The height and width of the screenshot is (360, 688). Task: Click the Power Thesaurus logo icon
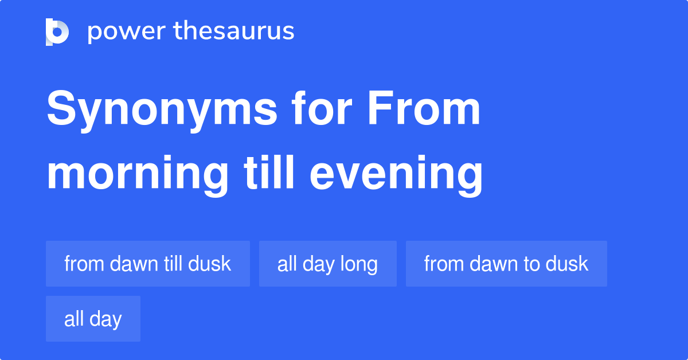[x=57, y=32]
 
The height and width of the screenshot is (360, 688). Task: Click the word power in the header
[x=127, y=32]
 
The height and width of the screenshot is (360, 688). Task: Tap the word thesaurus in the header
[x=234, y=30]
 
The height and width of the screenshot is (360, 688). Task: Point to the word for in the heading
[x=322, y=108]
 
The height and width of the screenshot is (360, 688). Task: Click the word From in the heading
[x=424, y=108]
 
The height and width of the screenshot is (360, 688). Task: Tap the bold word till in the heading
[x=269, y=172]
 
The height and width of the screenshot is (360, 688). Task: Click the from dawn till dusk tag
[x=148, y=264]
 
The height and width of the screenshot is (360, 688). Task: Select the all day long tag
[x=328, y=264]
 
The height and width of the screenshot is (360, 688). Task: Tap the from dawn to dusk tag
[x=506, y=264]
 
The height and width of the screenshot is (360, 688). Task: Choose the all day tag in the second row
[x=93, y=319]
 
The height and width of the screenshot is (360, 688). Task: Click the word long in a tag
[x=359, y=265]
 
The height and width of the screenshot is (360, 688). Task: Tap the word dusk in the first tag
[x=209, y=264]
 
